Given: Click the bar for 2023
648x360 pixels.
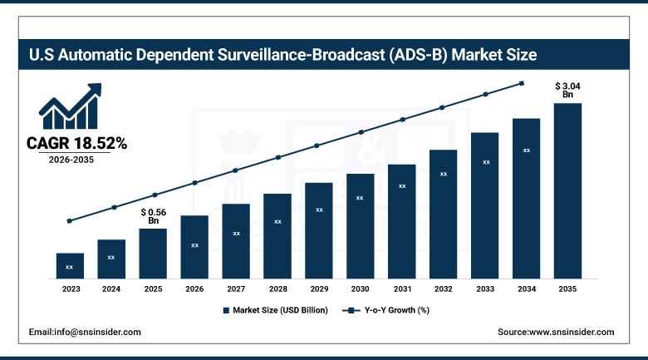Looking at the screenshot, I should [x=70, y=265].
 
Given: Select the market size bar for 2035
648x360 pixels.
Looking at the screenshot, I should [x=567, y=190].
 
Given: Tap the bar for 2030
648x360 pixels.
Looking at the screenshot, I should [x=361, y=225].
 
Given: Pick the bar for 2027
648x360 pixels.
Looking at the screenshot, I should [x=236, y=240].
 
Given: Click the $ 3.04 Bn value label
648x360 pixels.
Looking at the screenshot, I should [x=568, y=90].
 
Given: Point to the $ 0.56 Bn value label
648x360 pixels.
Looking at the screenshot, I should [x=153, y=216].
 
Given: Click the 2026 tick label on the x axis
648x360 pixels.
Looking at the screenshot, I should [x=194, y=288].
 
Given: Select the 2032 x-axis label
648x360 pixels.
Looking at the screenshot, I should [x=444, y=288].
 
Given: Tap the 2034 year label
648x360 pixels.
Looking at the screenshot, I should [x=527, y=288].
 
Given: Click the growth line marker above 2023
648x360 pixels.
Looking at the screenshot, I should [x=70, y=221].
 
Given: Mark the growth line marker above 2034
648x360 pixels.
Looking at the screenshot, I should [x=522, y=83].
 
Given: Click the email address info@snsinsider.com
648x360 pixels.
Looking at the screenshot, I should [x=85, y=332].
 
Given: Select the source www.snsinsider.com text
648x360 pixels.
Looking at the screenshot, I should [x=556, y=332].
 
